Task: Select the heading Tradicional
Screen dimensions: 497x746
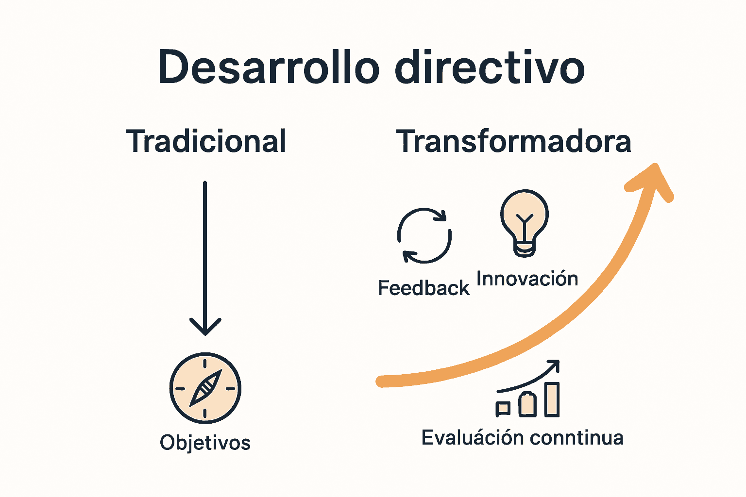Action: point(206,141)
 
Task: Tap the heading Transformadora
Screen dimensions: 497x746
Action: point(513,141)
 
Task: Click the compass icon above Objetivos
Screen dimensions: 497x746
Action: point(205,388)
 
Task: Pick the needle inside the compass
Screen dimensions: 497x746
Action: point(205,388)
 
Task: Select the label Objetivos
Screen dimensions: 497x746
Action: point(205,443)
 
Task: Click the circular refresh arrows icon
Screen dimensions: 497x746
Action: point(424,236)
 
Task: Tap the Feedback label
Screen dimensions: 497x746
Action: point(424,288)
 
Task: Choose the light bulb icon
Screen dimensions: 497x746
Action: point(525,221)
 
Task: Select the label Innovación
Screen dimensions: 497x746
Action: point(527,279)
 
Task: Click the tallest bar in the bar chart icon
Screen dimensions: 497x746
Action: point(552,399)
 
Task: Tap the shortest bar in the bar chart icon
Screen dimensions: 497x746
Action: point(503,409)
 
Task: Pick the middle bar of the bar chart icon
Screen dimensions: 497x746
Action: point(527,404)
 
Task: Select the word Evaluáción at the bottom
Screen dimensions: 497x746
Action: point(472,438)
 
